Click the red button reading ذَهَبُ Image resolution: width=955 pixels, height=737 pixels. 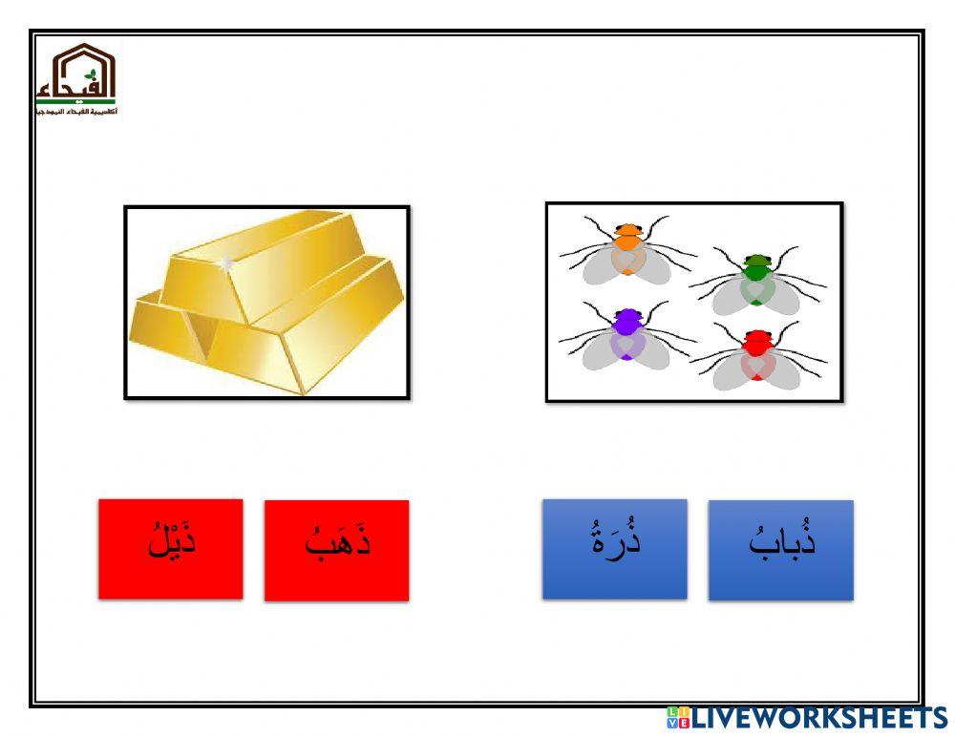tap(336, 550)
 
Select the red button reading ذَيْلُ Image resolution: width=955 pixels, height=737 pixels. tap(170, 549)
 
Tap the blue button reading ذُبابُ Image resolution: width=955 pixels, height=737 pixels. tap(780, 550)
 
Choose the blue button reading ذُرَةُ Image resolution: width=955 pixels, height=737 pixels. tap(614, 549)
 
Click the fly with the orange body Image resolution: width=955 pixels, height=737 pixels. tap(626, 254)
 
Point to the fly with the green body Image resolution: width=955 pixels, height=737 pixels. tap(757, 283)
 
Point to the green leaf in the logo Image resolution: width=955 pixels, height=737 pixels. tap(91, 74)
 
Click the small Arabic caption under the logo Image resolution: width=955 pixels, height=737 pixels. tap(76, 113)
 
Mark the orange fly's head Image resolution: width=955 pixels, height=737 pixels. tap(627, 230)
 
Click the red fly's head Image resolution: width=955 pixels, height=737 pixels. tap(757, 336)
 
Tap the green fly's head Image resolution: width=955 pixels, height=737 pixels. tap(757, 260)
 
